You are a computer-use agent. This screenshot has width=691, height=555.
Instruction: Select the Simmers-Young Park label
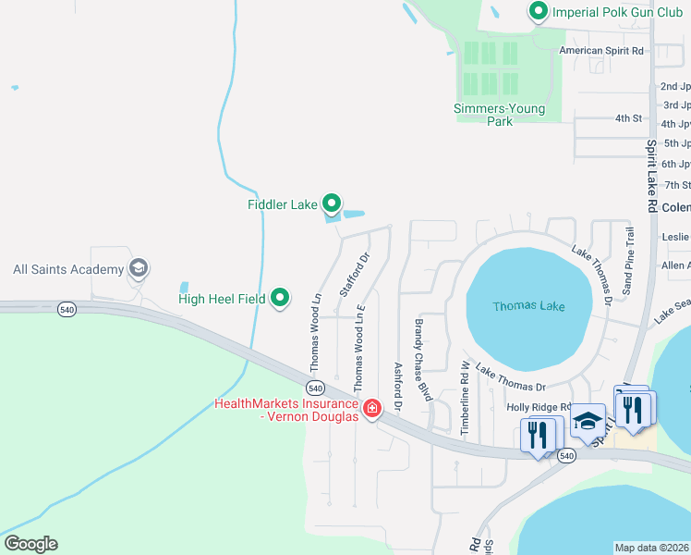[x=499, y=115]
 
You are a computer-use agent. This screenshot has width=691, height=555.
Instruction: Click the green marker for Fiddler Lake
[x=332, y=203]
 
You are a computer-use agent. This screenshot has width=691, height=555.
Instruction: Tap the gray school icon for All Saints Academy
[x=139, y=269]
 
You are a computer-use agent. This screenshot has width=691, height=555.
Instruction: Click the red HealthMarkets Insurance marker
[x=371, y=409]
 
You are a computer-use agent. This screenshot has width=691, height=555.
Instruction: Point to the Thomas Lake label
[x=528, y=306]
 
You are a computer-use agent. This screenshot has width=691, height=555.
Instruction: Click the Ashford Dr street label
[x=398, y=387]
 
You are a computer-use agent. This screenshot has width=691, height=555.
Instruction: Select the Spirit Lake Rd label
[x=651, y=176]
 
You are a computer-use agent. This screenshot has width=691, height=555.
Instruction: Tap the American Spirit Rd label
[x=601, y=51]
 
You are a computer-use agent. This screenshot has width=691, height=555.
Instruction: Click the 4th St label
[x=628, y=118]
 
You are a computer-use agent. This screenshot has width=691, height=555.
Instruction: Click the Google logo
[x=30, y=544]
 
